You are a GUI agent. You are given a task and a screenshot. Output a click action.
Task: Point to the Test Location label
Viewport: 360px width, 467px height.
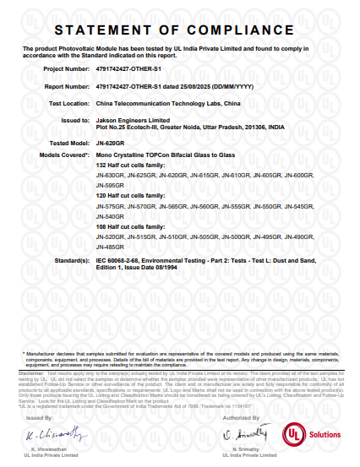coord(68,103)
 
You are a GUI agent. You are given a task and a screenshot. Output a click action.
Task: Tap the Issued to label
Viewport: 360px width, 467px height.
coord(75,120)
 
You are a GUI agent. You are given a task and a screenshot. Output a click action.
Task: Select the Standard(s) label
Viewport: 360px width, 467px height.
coord(72,262)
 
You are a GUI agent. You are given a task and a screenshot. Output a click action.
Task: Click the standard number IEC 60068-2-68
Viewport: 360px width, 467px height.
coord(125,262)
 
